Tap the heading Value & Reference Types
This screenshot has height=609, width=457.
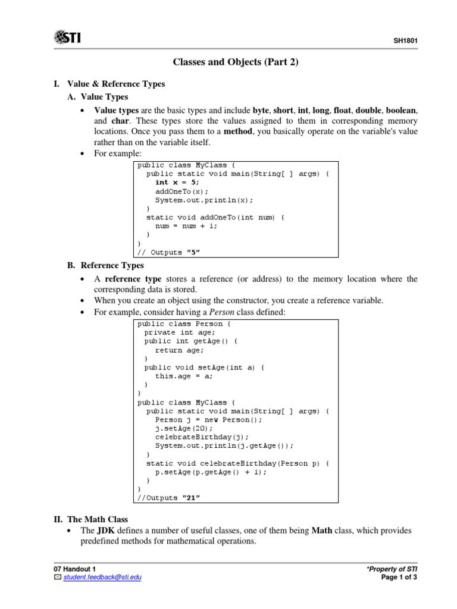coord(116,84)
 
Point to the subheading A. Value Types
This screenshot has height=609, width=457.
coord(104,97)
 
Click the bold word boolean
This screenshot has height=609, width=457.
coord(401,110)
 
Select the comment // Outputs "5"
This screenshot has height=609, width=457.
coord(169,252)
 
